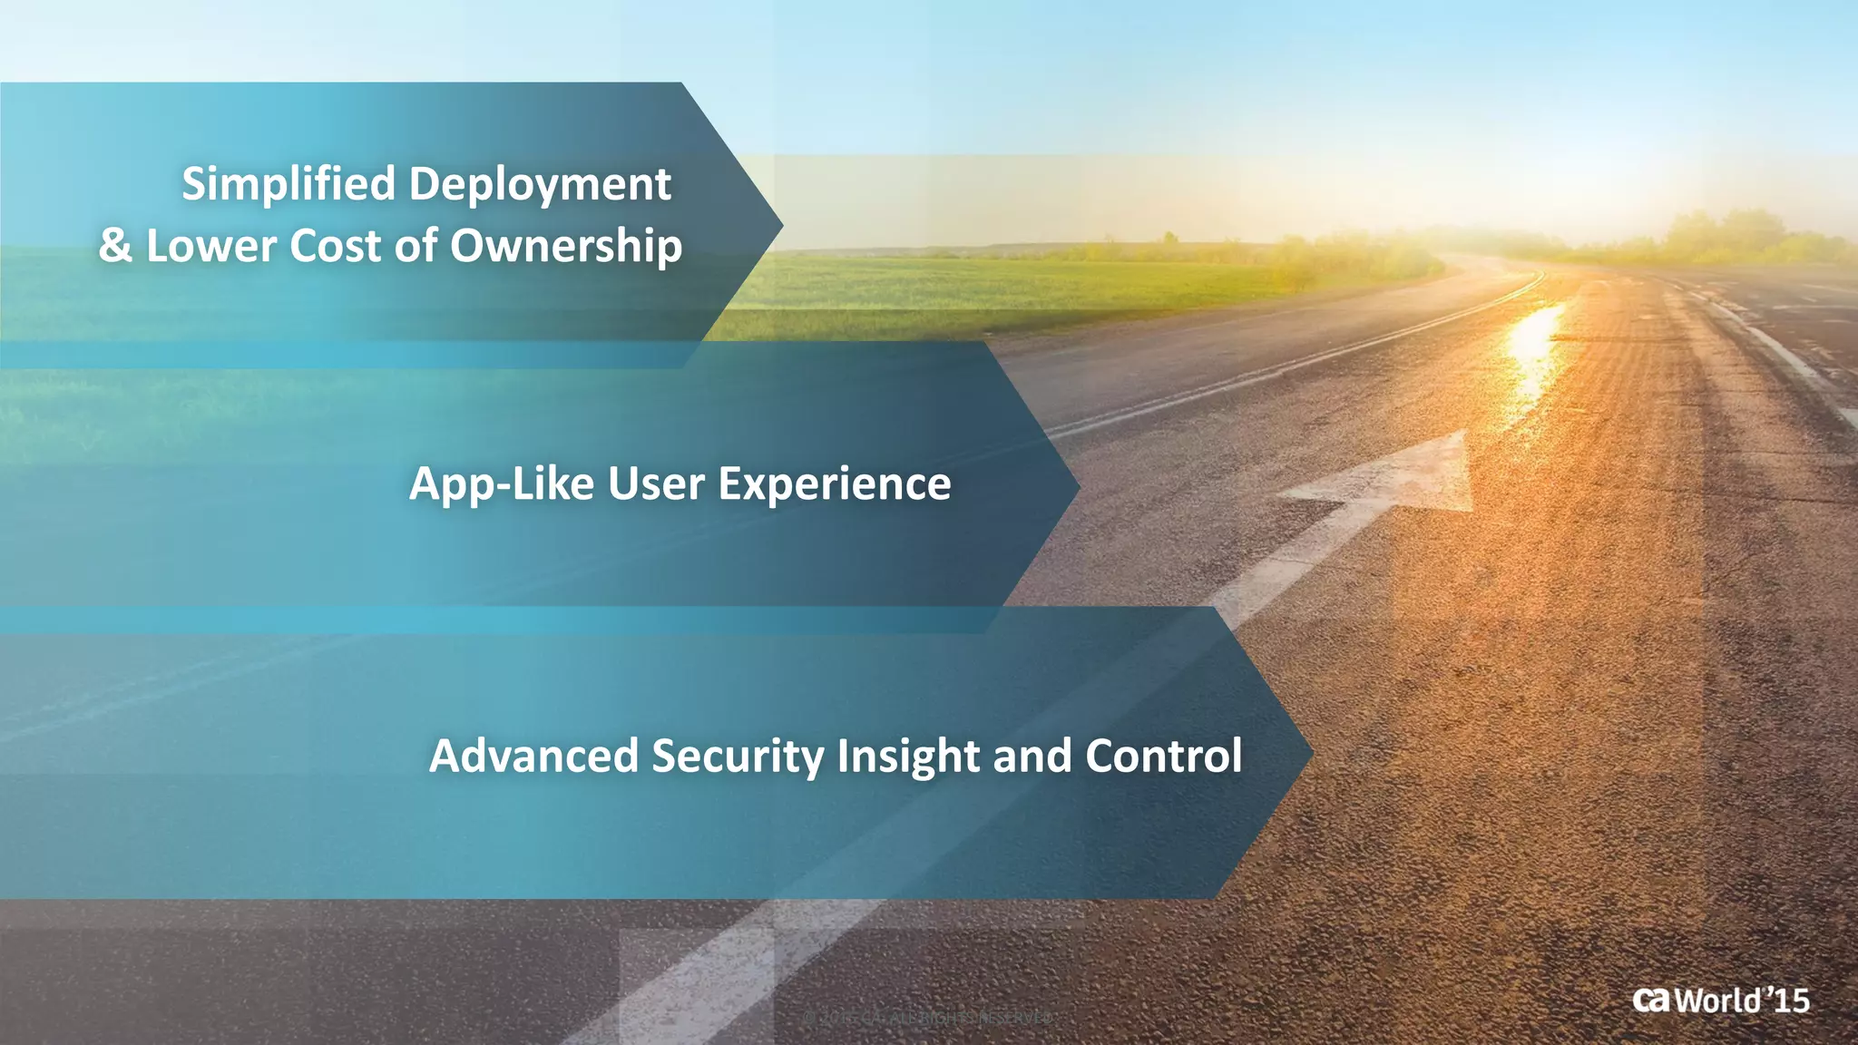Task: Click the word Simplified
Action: tap(288, 185)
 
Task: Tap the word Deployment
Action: tap(540, 185)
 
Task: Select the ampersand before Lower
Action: tap(115, 246)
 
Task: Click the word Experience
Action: tap(835, 483)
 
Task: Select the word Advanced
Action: tap(533, 756)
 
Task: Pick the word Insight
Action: tap(908, 757)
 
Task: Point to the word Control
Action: tap(1164, 756)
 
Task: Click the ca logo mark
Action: tap(1650, 1000)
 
